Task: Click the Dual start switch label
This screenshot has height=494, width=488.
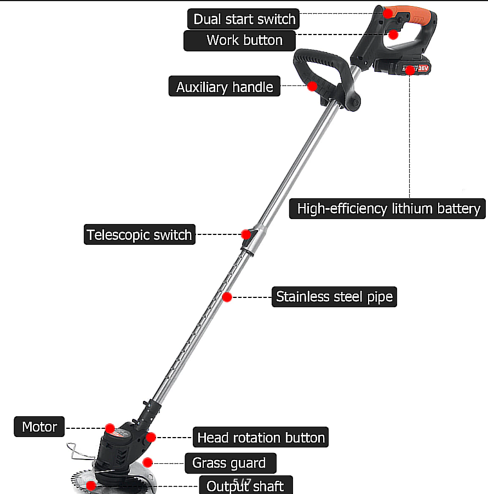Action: tap(244, 20)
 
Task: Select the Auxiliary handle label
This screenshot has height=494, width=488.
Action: tap(224, 87)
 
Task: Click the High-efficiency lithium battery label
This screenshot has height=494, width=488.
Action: tap(388, 209)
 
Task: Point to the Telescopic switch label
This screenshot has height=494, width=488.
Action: tap(139, 235)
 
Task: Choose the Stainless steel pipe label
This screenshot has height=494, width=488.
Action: tap(334, 297)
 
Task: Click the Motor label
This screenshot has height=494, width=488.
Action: tap(39, 427)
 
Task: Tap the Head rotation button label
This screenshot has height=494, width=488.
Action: tap(261, 438)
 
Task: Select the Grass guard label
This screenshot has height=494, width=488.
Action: tap(228, 463)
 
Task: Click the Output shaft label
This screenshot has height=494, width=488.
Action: tap(245, 486)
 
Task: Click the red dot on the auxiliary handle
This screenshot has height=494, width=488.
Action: tap(312, 86)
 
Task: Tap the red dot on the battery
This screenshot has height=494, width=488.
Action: tap(410, 70)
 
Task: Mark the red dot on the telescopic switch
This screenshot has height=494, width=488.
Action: tap(246, 234)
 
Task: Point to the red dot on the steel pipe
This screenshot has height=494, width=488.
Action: tap(227, 297)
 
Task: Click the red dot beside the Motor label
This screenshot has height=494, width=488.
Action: tap(110, 428)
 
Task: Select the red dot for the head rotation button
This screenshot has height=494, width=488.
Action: tap(151, 437)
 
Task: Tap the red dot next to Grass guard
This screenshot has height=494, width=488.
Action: tap(147, 463)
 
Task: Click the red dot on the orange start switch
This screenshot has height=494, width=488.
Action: tap(388, 13)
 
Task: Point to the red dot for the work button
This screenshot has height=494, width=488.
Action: tap(393, 34)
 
